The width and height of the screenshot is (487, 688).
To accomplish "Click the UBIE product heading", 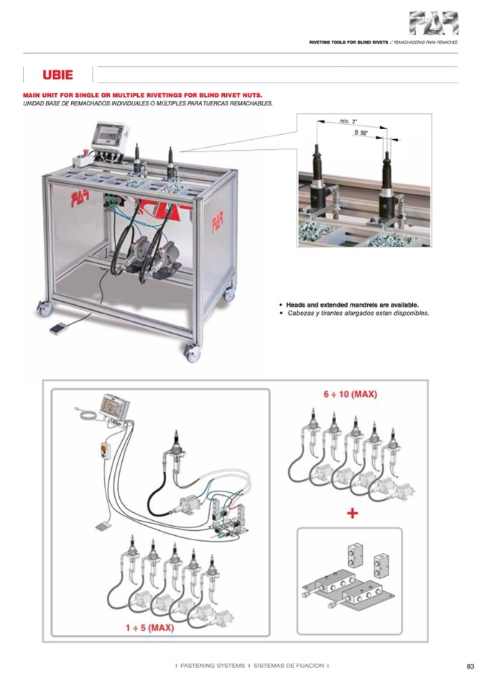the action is (x=57, y=75).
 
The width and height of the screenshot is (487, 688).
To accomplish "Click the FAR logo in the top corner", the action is (x=434, y=23).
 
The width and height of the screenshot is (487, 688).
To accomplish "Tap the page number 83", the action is (x=470, y=666).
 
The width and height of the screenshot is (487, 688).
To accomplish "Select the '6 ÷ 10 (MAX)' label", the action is (x=350, y=394).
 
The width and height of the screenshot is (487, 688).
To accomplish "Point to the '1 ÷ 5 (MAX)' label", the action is (x=149, y=628).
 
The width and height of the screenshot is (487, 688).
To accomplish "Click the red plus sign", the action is (x=352, y=513).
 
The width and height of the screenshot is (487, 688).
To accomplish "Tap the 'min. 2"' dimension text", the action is (x=348, y=121).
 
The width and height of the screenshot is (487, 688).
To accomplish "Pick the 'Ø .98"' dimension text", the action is (x=361, y=133).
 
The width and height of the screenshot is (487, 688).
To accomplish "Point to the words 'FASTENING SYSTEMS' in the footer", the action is (x=213, y=666).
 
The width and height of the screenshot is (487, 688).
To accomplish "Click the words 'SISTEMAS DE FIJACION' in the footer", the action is (x=289, y=666).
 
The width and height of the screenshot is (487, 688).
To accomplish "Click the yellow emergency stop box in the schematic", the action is (x=106, y=451).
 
